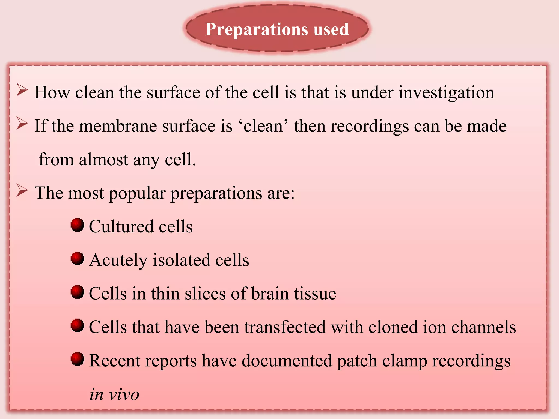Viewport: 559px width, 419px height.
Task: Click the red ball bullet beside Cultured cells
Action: coord(77,225)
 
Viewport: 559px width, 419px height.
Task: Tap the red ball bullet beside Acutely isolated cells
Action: coord(77,258)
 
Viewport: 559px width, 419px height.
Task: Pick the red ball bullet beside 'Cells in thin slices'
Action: coord(77,292)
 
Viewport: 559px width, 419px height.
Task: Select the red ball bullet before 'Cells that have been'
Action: coord(77,325)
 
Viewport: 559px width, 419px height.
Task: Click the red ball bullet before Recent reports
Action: coord(77,359)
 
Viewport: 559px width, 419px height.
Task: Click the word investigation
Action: coord(446,93)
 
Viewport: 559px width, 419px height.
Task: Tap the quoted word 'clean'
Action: coord(263,126)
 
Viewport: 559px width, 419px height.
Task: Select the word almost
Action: coord(103,160)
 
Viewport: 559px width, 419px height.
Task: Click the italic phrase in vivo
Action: coord(114,395)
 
